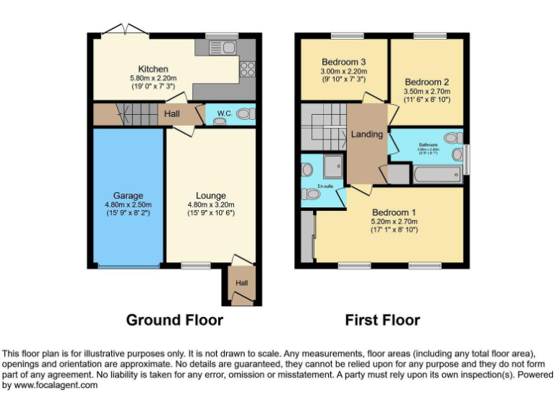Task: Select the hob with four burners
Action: [x=247, y=69]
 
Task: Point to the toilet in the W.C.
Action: [x=245, y=114]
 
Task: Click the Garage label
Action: [x=127, y=195]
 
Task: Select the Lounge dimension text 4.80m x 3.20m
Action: [x=210, y=204]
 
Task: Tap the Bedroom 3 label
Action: [x=344, y=62]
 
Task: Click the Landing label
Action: [x=366, y=134]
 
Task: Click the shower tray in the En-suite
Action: [x=334, y=166]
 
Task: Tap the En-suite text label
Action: [x=325, y=186]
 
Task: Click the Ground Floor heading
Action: [x=174, y=319]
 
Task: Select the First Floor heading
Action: [x=382, y=319]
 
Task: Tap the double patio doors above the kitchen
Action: [x=126, y=31]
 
